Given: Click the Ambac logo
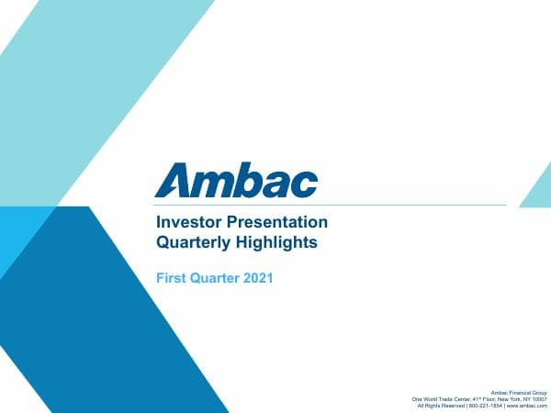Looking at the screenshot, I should (x=236, y=180).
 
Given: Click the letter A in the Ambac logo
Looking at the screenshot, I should (x=173, y=180).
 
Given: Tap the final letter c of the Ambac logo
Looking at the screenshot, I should (x=305, y=183).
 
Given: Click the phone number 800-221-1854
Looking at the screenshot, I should (x=485, y=406).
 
